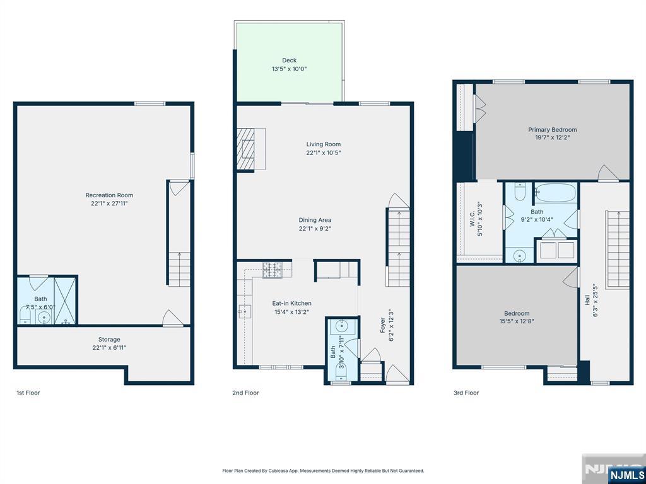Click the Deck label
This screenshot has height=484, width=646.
[289, 60]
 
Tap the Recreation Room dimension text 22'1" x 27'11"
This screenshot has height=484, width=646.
[109, 204]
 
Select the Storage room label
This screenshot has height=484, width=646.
[109, 340]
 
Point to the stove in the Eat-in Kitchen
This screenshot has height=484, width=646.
[273, 270]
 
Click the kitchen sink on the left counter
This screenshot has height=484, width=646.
[245, 311]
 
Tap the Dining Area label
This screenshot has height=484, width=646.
[315, 220]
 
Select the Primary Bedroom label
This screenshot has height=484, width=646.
[553, 130]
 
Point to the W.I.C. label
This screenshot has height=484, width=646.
[472, 219]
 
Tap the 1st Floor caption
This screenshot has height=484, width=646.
[28, 393]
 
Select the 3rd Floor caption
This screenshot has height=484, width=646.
[466, 393]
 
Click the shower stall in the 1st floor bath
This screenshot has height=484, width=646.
[65, 301]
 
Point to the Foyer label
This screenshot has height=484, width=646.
[382, 325]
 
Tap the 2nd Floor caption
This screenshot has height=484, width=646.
[245, 393]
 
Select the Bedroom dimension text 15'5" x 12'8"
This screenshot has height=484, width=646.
[517, 321]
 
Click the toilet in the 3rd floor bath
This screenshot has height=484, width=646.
[520, 192]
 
